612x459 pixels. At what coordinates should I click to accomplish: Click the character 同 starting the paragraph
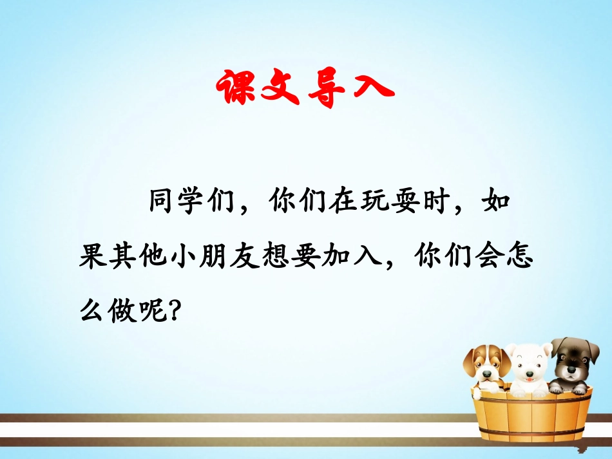pyautogui.click(x=164, y=205)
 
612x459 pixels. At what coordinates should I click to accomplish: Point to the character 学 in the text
pyautogui.click(x=198, y=205)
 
